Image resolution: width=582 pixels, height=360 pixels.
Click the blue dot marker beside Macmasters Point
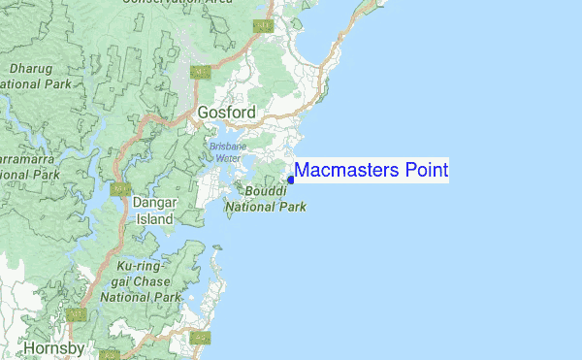point(291,180)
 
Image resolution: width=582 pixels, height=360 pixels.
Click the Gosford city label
point(226,113)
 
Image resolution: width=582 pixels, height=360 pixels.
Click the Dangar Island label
point(153,212)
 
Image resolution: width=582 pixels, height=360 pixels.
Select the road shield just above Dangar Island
point(120,188)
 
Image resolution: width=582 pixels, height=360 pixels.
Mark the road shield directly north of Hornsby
point(78,314)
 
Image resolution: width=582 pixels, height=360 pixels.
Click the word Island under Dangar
point(153,219)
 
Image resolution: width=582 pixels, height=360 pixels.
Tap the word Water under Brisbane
point(227,157)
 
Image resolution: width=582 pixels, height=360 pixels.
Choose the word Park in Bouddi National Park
point(290,207)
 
